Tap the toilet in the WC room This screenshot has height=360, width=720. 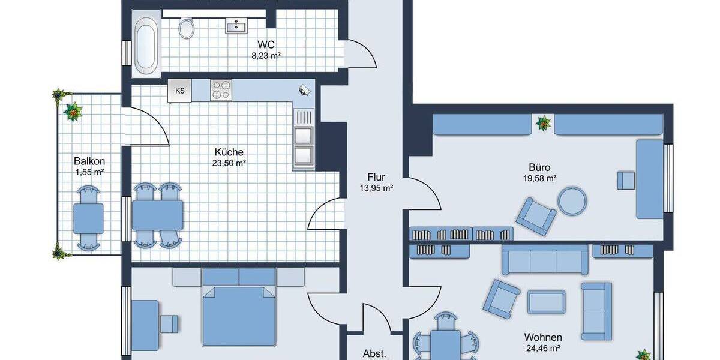point(187,28)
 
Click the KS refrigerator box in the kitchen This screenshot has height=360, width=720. point(180,91)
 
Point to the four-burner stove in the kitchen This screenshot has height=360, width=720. point(221,90)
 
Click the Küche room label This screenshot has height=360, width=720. point(230,152)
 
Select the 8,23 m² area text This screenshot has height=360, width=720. point(266,56)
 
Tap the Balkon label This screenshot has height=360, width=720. point(89,161)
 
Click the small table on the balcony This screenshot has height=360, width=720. point(88,218)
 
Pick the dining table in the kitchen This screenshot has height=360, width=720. point(158,215)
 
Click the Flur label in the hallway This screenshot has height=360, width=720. point(376,177)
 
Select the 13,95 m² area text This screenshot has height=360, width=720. point(376,188)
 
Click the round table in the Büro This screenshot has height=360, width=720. point(572,202)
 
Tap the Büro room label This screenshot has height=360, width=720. point(539,167)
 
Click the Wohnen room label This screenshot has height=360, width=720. point(542,337)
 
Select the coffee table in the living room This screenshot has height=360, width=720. point(546,301)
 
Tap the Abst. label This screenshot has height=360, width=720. point(375,353)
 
